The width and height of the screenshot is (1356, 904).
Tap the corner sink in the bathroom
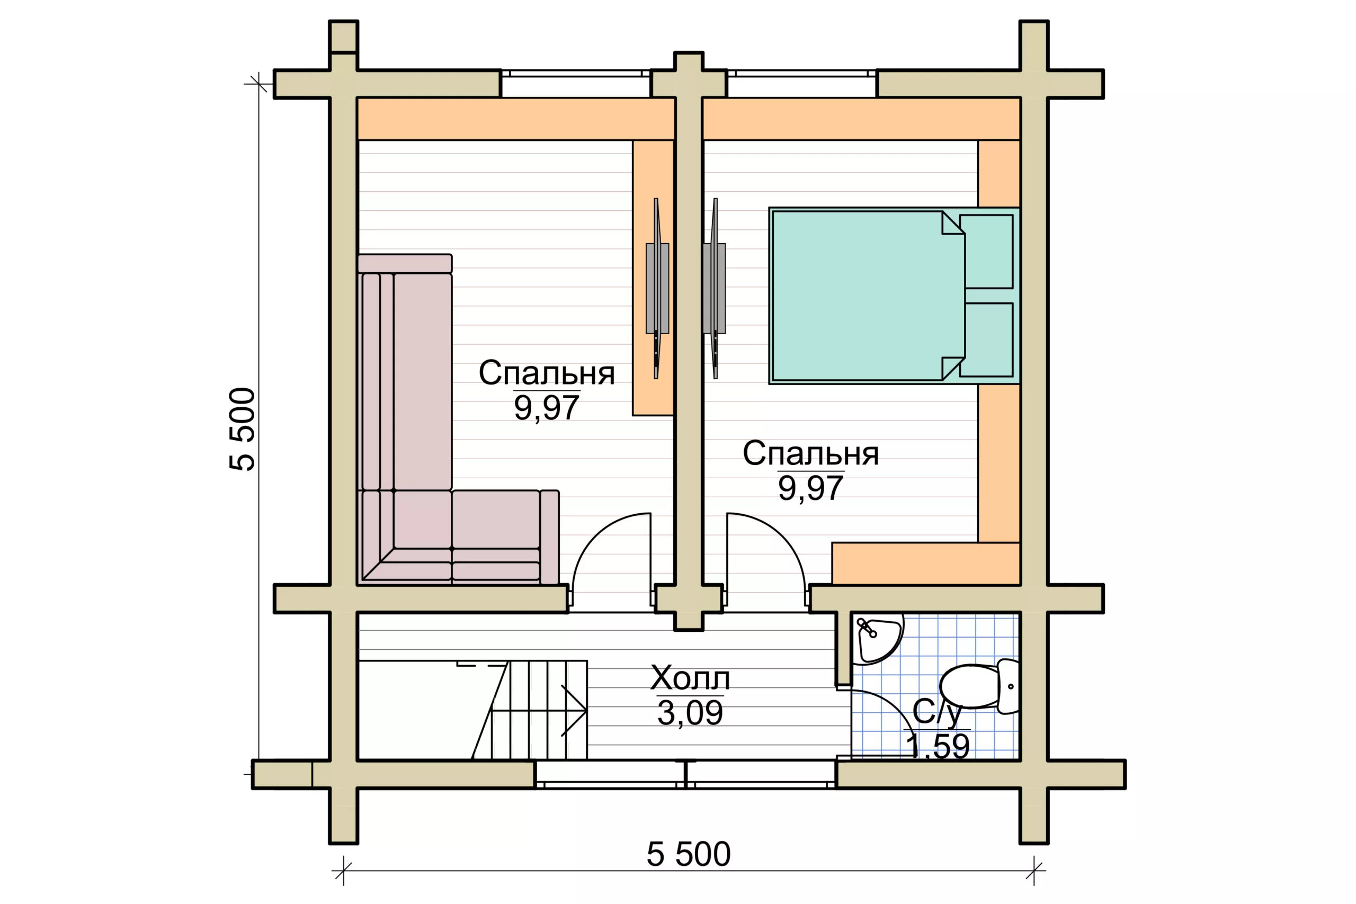point(878,640)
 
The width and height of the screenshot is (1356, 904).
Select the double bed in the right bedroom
point(894,296)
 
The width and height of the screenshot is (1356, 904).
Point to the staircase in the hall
point(529,710)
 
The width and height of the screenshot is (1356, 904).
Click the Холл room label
point(690,678)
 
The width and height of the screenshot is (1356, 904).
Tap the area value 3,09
point(690,713)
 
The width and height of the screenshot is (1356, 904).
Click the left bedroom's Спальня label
point(547,373)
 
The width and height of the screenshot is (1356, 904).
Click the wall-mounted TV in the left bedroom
point(657,288)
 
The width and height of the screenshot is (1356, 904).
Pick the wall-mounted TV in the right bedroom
point(715,288)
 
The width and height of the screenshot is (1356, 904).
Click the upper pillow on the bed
point(986,252)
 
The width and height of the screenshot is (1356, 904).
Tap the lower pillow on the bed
point(986,339)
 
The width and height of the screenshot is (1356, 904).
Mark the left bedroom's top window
point(575,84)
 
